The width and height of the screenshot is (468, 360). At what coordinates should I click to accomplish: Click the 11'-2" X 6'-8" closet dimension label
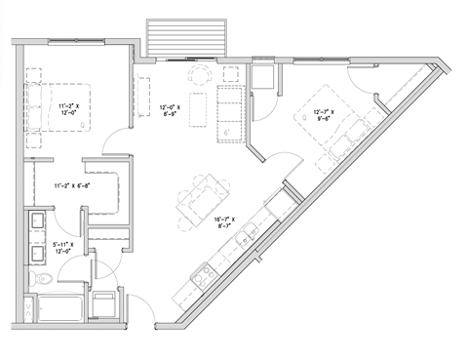click(x=74, y=184)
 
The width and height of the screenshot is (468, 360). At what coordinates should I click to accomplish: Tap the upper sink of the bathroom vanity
click(x=42, y=220)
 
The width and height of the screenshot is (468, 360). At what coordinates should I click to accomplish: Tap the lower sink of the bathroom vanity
click(x=42, y=255)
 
